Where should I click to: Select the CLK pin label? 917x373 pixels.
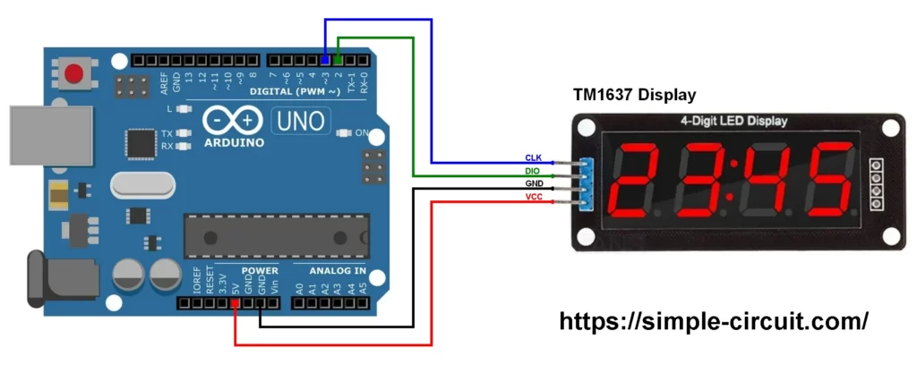tap(533, 157)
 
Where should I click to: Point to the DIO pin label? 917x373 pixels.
tap(533, 170)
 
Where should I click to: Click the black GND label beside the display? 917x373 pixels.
tap(533, 183)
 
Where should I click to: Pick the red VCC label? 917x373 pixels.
tap(533, 197)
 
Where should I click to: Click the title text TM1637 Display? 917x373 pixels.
tap(634, 95)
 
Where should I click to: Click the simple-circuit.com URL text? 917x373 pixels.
tap(714, 322)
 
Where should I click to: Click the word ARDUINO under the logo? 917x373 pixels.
tap(235, 142)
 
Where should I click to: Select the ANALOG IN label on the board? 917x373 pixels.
tap(337, 270)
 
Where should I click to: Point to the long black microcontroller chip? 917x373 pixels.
tap(276, 238)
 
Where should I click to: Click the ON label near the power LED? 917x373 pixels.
tap(363, 132)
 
